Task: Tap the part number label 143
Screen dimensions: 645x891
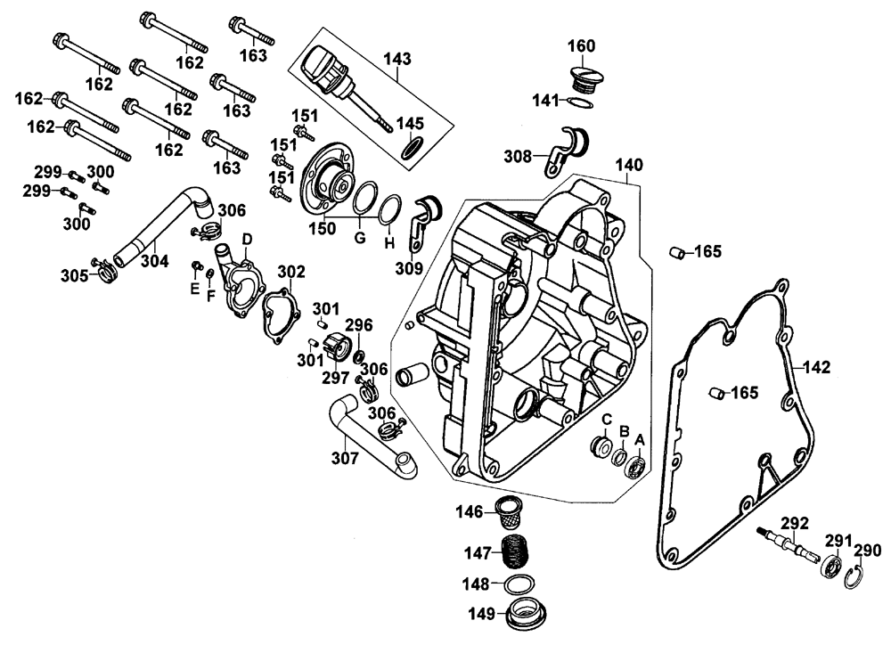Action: click(397, 60)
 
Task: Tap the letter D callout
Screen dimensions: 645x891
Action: click(247, 239)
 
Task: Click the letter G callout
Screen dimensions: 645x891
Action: click(360, 239)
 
